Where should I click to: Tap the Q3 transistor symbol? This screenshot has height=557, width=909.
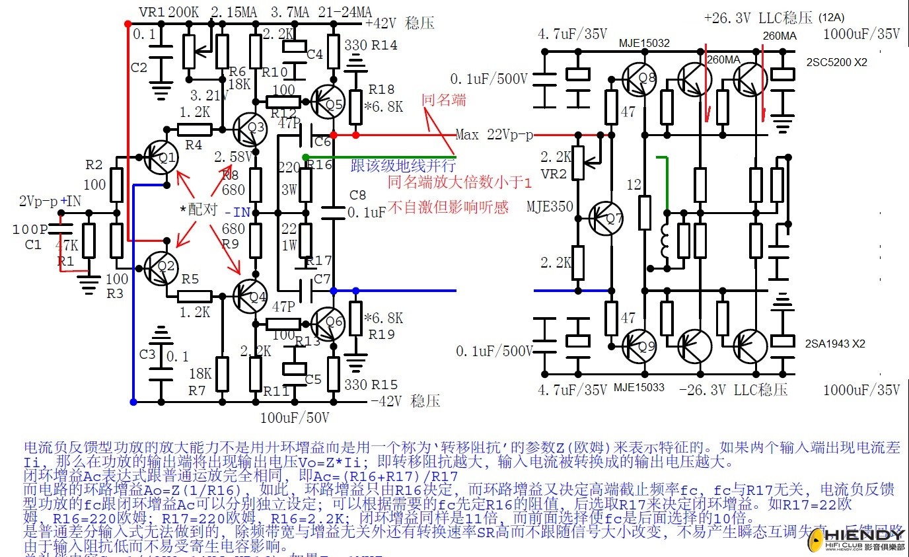pyautogui.click(x=250, y=128)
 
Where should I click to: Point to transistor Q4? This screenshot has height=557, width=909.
pyautogui.click(x=250, y=296)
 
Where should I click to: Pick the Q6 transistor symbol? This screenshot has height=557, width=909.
pyautogui.click(x=328, y=322)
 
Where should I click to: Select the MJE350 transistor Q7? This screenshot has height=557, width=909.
pyautogui.click(x=606, y=219)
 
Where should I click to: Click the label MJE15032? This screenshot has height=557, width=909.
pyautogui.click(x=644, y=44)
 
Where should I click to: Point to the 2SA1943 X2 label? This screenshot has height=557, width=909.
pyautogui.click(x=836, y=344)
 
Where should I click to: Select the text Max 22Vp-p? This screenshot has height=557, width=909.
pyautogui.click(x=494, y=135)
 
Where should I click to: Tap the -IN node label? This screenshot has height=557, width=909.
pyautogui.click(x=237, y=213)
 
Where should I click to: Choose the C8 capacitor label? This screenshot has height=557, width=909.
pyautogui.click(x=357, y=195)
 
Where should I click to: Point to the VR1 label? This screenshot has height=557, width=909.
pyautogui.click(x=151, y=12)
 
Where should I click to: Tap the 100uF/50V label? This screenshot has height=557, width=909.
pyautogui.click(x=295, y=418)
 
